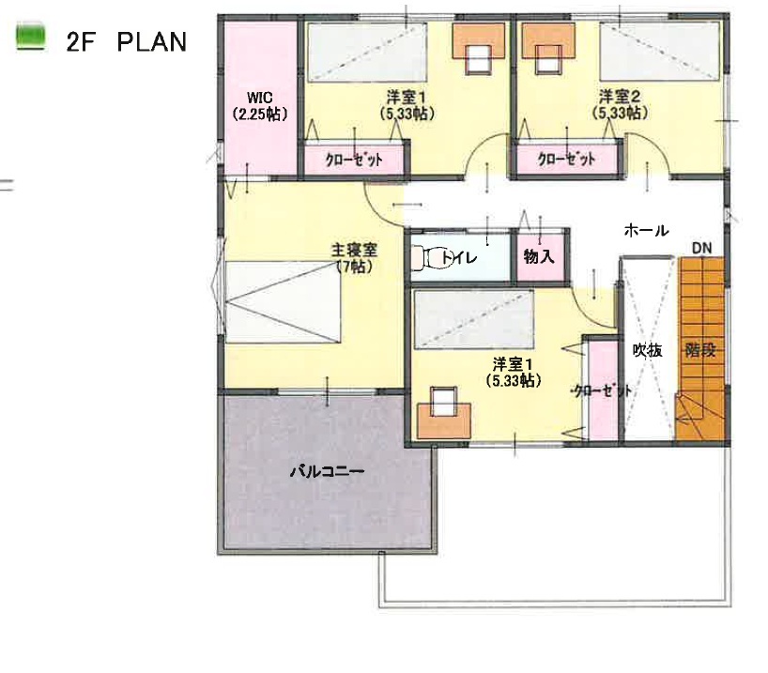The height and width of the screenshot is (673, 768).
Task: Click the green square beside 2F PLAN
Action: (x=31, y=37)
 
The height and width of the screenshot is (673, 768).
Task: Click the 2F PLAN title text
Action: (x=127, y=42)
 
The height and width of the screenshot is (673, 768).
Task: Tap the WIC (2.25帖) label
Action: (x=259, y=105)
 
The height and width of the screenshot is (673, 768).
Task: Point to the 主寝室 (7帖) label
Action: (x=354, y=258)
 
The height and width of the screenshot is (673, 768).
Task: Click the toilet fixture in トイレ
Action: (x=427, y=257)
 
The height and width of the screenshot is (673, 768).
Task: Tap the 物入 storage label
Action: (x=539, y=256)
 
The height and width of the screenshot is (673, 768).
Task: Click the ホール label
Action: (x=646, y=230)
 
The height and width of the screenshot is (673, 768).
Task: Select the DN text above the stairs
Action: (x=701, y=249)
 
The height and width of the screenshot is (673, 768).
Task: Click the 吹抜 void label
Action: (x=647, y=350)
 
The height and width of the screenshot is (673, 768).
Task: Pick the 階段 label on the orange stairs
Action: (x=700, y=350)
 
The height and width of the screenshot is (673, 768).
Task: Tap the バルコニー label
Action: (x=327, y=472)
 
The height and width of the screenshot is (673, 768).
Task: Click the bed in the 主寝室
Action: (x=284, y=301)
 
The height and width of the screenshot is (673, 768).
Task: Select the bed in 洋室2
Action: (x=660, y=51)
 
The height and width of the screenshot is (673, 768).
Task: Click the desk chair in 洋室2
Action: (x=548, y=59)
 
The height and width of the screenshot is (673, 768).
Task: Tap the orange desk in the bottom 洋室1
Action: (x=444, y=421)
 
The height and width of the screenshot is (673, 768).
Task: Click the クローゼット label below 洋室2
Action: (x=566, y=160)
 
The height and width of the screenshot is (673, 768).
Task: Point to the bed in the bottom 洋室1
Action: (x=473, y=320)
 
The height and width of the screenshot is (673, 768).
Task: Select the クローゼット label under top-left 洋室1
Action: (x=354, y=160)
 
